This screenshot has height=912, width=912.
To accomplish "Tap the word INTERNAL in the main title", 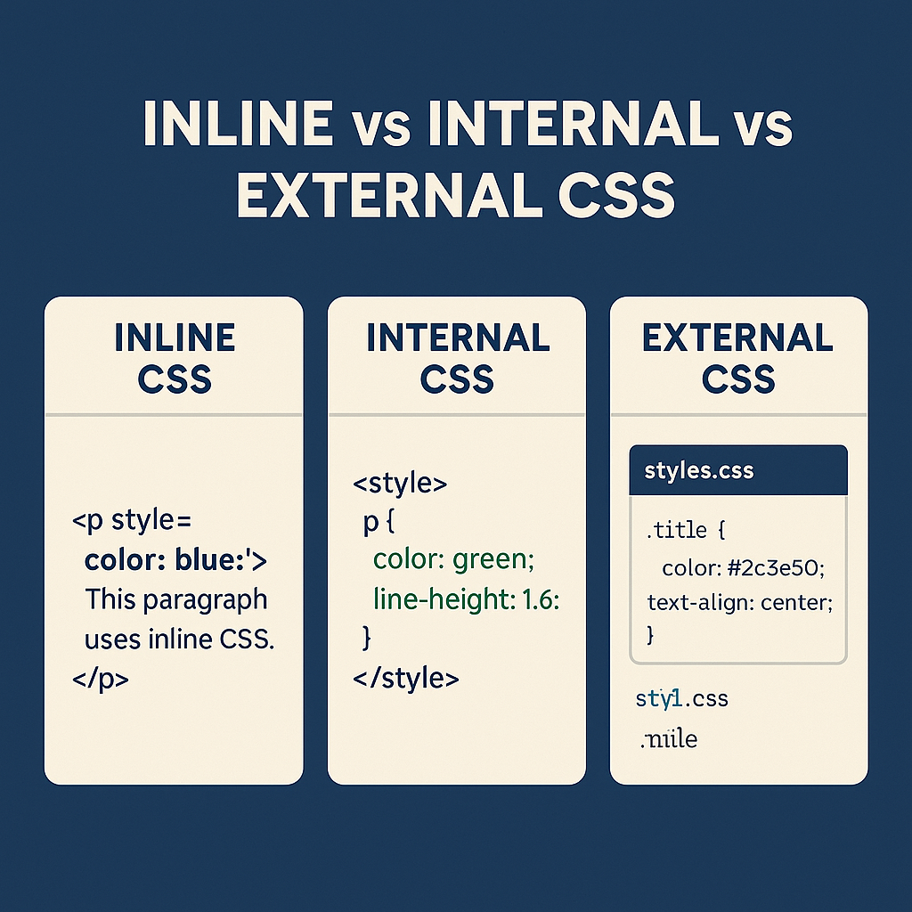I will tap(574, 127).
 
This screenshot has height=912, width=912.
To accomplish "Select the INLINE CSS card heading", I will tap(175, 358).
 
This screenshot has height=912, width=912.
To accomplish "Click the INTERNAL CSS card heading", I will tap(457, 358).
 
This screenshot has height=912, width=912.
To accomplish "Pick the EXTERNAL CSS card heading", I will tap(738, 358).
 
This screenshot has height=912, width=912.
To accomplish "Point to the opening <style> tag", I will tap(400, 485).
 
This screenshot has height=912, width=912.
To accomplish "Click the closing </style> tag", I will tap(406, 679).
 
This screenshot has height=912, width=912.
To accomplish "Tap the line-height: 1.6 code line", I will tap(466, 601).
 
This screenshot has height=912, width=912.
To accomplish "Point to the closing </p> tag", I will tap(101, 679).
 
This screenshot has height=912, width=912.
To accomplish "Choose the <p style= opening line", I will tap(138, 521).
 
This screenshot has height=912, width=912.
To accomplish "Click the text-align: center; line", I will tap(739, 602).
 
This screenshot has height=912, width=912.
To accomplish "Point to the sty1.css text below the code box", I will tap(681, 699).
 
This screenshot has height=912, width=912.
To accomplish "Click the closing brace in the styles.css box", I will tap(650, 635).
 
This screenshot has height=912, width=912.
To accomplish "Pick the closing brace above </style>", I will tap(365, 638).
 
